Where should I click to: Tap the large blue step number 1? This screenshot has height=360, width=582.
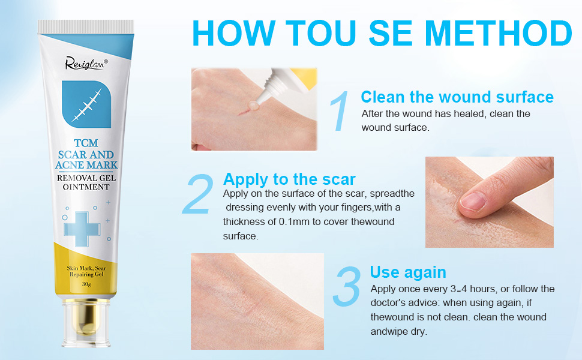(339, 110)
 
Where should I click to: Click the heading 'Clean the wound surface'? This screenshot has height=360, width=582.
(457, 97)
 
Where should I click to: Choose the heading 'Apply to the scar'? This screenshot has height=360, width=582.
(289, 179)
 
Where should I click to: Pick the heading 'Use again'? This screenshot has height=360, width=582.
(408, 272)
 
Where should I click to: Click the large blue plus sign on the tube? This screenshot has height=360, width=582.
(77, 228)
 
